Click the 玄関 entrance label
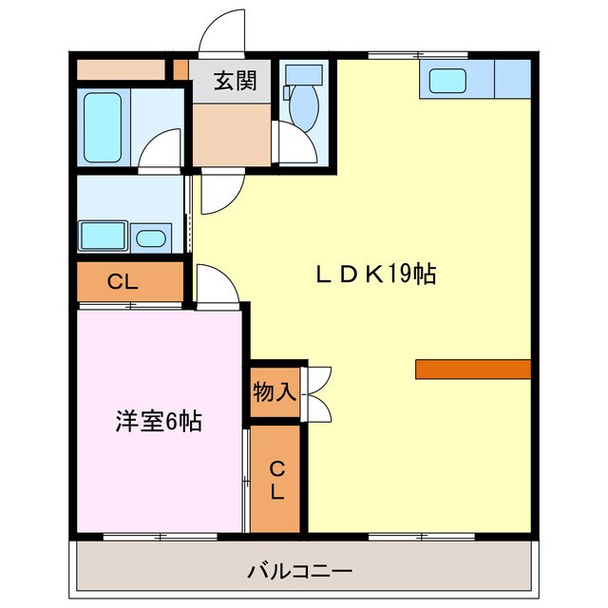[235, 82]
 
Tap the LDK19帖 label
[376, 275]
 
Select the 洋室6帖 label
[159, 422]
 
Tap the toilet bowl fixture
[302, 104]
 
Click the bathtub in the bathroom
[104, 126]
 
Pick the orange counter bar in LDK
[472, 370]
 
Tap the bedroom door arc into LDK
[214, 284]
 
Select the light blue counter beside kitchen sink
[511, 79]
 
